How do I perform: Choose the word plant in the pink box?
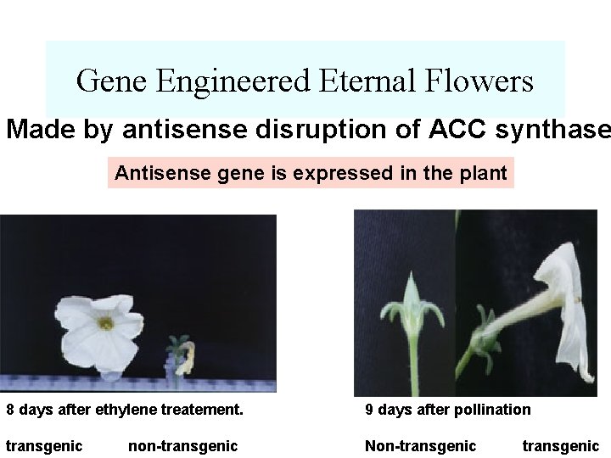click(484, 174)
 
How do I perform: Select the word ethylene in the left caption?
click(123, 410)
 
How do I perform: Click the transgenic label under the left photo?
click(44, 445)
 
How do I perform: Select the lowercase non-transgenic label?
click(182, 445)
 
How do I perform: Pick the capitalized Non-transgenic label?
click(420, 445)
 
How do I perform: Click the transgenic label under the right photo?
click(560, 445)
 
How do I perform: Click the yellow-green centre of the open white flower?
click(105, 322)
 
